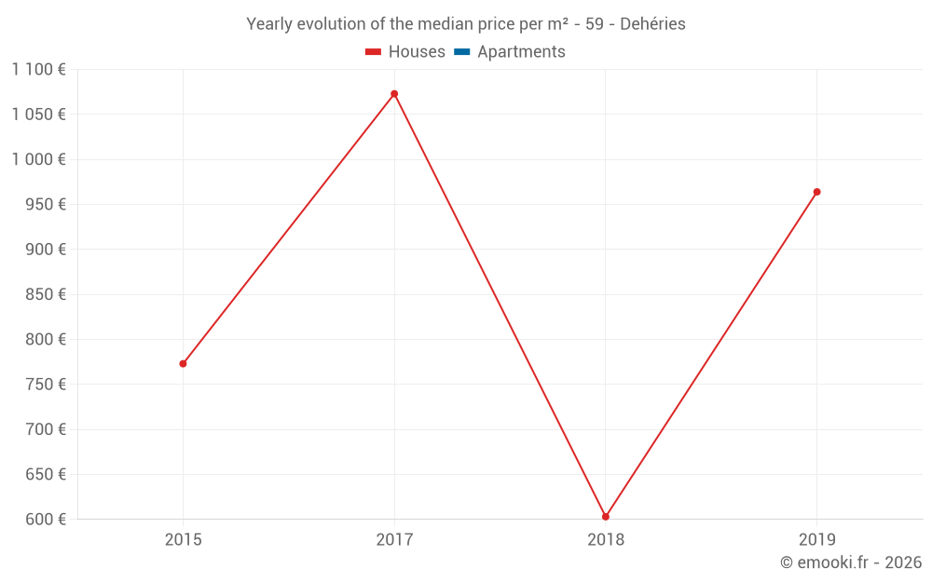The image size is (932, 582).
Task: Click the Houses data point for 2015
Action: pyautogui.click(x=183, y=363)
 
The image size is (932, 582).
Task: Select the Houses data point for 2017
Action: pyautogui.click(x=394, y=94)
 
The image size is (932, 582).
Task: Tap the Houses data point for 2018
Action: pyautogui.click(x=606, y=517)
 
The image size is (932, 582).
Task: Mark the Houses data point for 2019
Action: pyautogui.click(x=816, y=192)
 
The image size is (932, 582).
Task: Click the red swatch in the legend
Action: pyautogui.click(x=374, y=52)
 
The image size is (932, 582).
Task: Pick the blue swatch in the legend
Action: pyautogui.click(x=462, y=52)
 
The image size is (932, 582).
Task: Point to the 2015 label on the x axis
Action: pyautogui.click(x=183, y=539)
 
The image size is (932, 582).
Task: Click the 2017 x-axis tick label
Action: pyautogui.click(x=394, y=539)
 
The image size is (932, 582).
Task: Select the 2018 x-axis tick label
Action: pyautogui.click(x=606, y=539)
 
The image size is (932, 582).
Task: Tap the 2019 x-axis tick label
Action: pyautogui.click(x=817, y=539)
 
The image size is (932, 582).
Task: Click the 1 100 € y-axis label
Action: pyautogui.click(x=38, y=69)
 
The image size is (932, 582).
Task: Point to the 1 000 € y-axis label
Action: pyautogui.click(x=38, y=159)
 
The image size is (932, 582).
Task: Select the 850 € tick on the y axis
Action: pyautogui.click(x=45, y=294)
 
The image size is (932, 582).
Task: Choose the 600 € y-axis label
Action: pyautogui.click(x=45, y=519)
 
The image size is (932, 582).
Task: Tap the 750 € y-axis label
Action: pyautogui.click(x=45, y=384)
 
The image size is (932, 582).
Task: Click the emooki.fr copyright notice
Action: pyautogui.click(x=851, y=562)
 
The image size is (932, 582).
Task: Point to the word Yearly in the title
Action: pyautogui.click(x=268, y=24)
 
